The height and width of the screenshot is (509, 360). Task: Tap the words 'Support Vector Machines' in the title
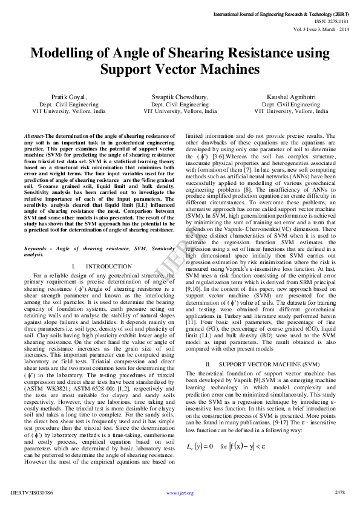[180, 70]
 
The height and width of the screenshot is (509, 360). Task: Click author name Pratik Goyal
[68, 97]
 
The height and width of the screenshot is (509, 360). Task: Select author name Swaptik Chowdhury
[180, 97]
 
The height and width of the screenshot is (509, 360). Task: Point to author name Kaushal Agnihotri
[291, 97]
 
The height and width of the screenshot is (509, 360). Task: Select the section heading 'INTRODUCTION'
[108, 267]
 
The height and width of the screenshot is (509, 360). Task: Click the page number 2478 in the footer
[339, 493]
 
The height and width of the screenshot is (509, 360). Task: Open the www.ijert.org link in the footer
[180, 493]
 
